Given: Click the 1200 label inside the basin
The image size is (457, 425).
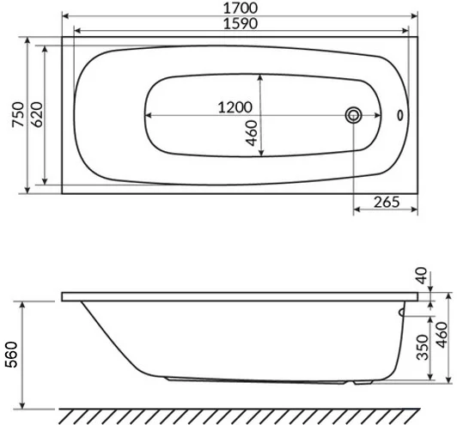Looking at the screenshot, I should click(234, 108).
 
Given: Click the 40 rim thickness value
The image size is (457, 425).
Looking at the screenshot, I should click(421, 276).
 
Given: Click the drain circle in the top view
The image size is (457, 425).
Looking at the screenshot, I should click(353, 115).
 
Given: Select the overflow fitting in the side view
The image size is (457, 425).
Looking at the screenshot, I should click(400, 315).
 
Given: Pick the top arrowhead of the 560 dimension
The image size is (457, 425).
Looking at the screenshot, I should click(25, 303).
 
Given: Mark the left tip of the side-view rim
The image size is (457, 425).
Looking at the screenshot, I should click(61, 298).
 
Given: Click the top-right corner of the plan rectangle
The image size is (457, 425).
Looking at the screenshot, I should click(417, 38).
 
